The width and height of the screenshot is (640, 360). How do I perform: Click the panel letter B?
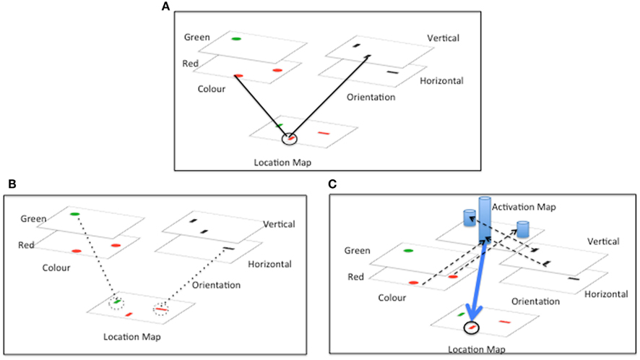(12, 184)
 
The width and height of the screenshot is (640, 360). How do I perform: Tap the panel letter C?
(333, 184)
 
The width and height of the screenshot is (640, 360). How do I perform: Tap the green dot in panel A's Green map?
(236, 38)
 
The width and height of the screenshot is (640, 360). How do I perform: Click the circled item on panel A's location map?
(289, 137)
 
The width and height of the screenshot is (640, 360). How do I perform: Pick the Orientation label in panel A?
(371, 96)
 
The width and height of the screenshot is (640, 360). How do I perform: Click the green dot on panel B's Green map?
(74, 214)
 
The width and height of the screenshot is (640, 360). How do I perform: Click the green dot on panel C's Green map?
(408, 251)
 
